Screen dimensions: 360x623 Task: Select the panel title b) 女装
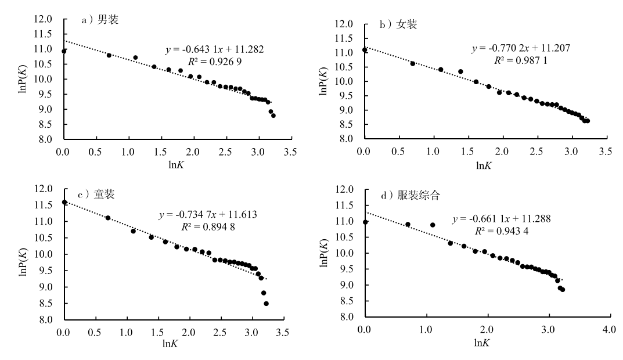[x=398, y=24]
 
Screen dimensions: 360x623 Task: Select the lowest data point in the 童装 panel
[x=266, y=304]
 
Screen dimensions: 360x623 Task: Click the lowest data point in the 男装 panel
[x=273, y=116]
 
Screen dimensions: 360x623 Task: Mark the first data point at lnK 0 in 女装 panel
[x=365, y=50]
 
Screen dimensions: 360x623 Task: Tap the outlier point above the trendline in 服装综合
[x=433, y=225]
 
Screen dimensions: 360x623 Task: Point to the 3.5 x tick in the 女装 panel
[x=606, y=152]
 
